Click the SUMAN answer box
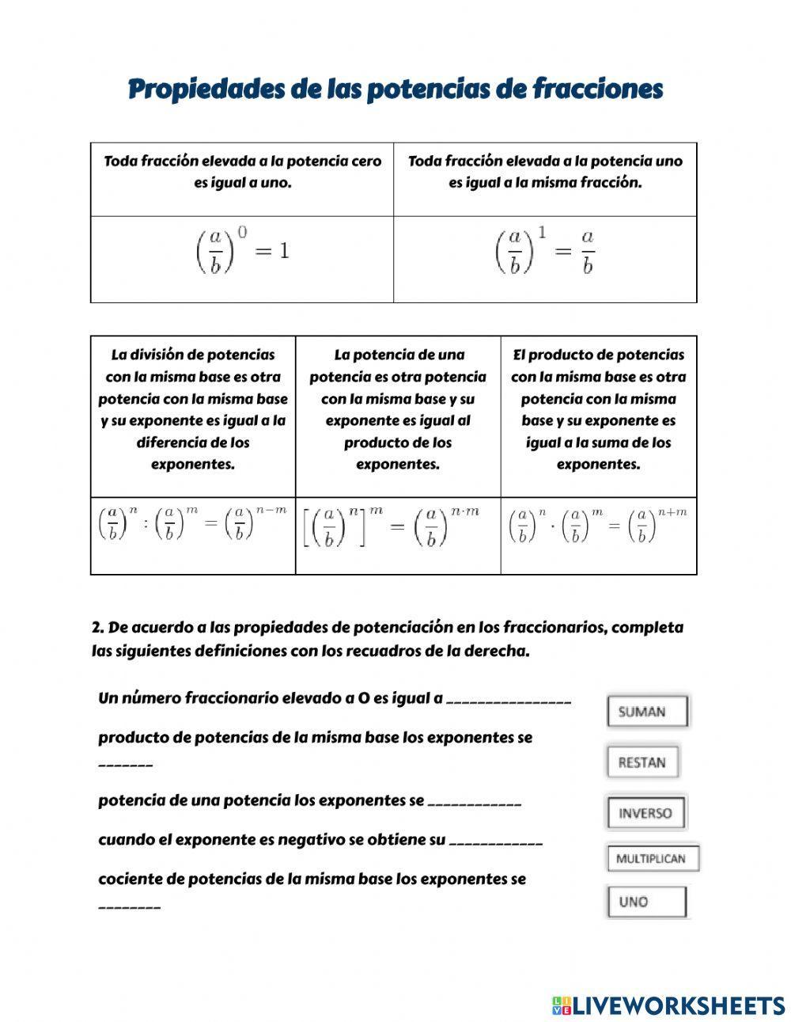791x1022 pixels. coord(647,712)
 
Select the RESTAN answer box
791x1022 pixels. coord(642,762)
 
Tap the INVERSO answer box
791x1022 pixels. coord(645,813)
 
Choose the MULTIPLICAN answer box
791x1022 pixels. coord(652,859)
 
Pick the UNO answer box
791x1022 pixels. coord(646,902)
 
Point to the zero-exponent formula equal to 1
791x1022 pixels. coord(242,252)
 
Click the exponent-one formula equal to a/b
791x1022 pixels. coord(545,252)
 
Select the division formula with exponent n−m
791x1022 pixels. coord(192,524)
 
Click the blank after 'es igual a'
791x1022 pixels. coord(508,701)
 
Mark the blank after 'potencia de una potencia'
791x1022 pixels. coord(474,804)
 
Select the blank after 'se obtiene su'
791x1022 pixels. coord(495,843)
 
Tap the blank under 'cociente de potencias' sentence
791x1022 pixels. coord(129,908)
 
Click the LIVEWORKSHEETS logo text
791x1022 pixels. coord(678,1005)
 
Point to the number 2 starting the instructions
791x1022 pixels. coord(97,628)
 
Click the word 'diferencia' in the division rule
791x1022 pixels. coord(170,443)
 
